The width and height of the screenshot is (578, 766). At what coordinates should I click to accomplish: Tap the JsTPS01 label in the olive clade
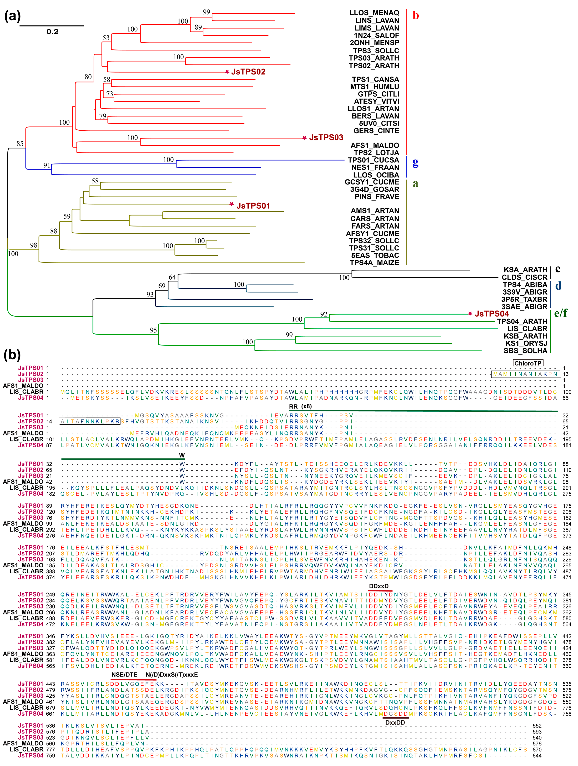click(x=253, y=206)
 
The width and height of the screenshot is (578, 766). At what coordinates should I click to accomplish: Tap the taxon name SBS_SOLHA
click(x=525, y=351)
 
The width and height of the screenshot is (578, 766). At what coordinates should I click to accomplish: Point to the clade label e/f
click(x=561, y=313)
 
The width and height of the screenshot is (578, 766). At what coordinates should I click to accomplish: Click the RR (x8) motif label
click(x=300, y=406)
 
